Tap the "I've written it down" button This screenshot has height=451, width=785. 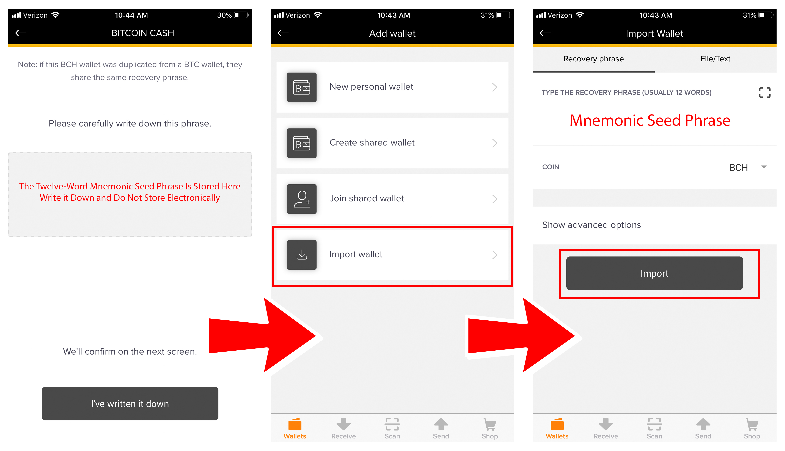(x=130, y=404)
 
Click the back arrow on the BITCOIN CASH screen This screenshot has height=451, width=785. (x=21, y=33)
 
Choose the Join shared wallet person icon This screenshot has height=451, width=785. (x=302, y=199)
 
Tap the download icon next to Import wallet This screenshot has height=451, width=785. (x=302, y=255)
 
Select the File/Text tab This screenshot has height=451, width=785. (x=715, y=59)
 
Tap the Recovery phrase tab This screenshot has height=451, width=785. (x=593, y=59)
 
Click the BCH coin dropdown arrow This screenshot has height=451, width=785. (x=764, y=167)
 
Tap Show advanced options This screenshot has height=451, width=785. (x=591, y=225)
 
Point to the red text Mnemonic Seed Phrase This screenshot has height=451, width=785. (x=650, y=120)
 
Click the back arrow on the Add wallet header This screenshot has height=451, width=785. (x=283, y=33)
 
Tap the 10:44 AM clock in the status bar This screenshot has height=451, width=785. (x=131, y=15)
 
